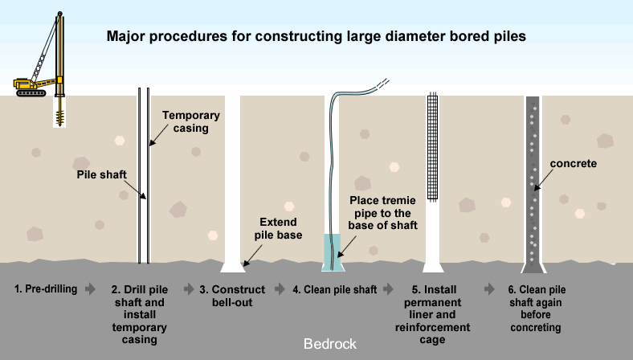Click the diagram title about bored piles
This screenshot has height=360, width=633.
[316, 37]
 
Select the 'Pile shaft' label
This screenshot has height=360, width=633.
[104, 174]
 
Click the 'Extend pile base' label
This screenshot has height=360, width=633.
[278, 227]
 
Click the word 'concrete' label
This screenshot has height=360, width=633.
[574, 164]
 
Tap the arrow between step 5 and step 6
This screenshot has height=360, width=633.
[489, 288]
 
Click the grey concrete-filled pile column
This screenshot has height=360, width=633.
[533, 185]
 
